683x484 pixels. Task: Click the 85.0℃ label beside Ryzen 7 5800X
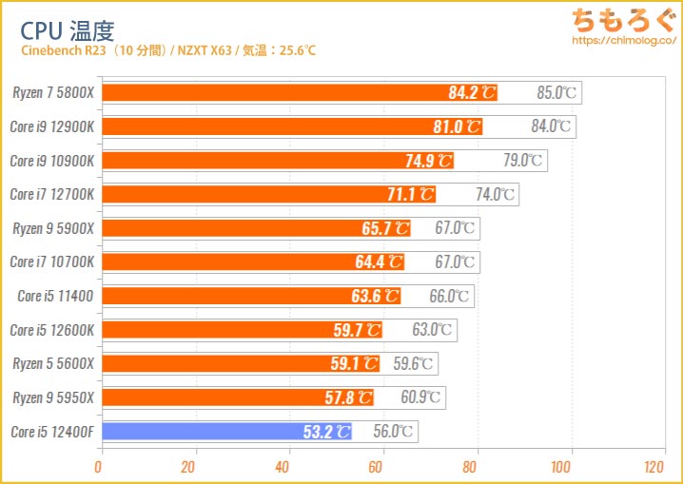[556, 93]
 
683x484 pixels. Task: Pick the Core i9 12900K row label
[52, 126]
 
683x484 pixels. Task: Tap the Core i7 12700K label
[52, 194]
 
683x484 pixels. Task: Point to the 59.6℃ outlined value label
[414, 363]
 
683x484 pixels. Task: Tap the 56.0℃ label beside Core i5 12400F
[394, 432]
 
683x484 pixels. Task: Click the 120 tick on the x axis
[654, 468]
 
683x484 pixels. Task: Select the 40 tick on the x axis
[283, 468]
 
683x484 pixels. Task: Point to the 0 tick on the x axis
[99, 468]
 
